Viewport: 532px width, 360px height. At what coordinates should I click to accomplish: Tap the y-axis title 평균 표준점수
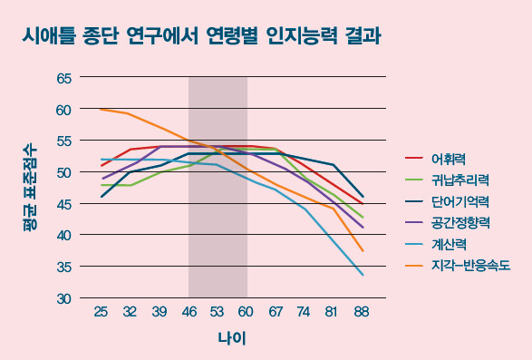(x=30, y=187)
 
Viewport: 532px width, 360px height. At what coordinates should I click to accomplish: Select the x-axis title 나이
(x=231, y=338)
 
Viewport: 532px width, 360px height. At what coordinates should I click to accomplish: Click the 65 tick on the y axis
(x=63, y=78)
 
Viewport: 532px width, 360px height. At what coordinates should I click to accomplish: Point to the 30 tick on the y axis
(x=63, y=298)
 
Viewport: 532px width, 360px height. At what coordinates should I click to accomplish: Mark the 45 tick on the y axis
(x=63, y=204)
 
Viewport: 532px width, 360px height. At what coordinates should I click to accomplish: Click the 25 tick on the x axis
(x=101, y=312)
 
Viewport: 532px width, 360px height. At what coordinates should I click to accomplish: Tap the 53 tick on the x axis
(x=218, y=312)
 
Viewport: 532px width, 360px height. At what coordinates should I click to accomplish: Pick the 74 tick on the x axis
(x=305, y=312)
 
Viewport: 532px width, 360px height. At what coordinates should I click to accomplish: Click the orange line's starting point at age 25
(x=101, y=109)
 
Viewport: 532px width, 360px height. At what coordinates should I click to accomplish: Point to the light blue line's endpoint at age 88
(x=363, y=275)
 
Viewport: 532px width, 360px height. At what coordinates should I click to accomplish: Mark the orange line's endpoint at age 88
(x=363, y=251)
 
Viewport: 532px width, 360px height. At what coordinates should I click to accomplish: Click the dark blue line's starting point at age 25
(x=101, y=197)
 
